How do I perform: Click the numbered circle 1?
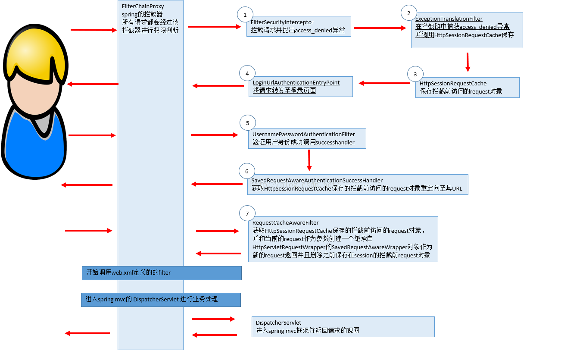[245, 15]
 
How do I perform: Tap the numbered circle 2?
[408, 13]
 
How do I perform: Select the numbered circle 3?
[415, 74]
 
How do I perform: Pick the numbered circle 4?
[247, 73]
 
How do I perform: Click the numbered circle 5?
[247, 123]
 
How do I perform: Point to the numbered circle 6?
[246, 171]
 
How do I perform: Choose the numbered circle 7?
[247, 213]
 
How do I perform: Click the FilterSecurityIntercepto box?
[299, 26]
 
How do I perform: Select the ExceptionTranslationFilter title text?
[449, 19]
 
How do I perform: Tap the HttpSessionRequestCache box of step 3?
[467, 88]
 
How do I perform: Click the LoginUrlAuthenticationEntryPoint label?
[296, 82]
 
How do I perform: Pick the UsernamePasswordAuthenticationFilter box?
[307, 138]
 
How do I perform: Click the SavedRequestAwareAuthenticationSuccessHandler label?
[317, 180]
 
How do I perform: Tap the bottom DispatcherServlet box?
[343, 327]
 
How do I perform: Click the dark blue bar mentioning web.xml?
[162, 273]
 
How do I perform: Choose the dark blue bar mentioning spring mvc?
[161, 300]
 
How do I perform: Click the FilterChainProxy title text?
[143, 6]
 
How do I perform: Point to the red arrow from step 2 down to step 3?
[468, 62]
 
